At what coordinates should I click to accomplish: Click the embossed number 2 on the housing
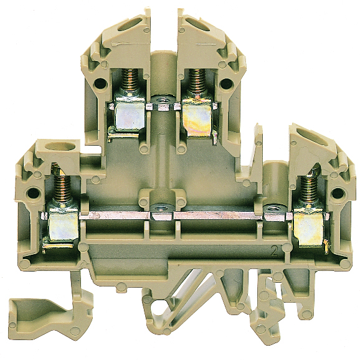click(x=274, y=252)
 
